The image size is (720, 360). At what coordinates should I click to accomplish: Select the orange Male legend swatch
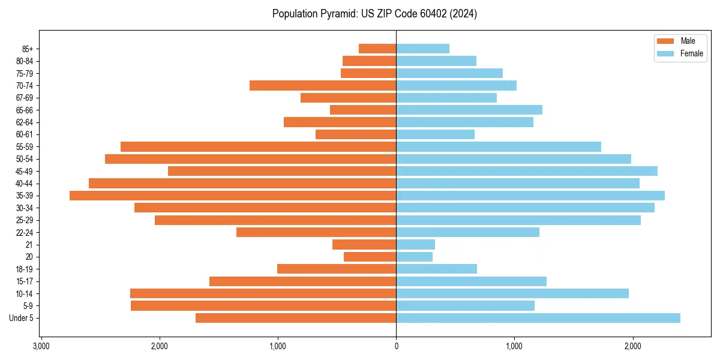click(665, 41)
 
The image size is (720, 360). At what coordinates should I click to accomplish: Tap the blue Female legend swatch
click(665, 53)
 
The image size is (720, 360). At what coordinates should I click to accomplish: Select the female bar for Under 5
click(538, 318)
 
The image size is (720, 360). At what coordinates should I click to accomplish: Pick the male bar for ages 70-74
click(323, 85)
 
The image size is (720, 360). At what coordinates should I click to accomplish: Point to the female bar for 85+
click(422, 49)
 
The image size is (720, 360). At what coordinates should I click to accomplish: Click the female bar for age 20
click(414, 257)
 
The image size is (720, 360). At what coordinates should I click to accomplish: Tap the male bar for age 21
click(364, 245)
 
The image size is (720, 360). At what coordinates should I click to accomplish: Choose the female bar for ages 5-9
click(465, 306)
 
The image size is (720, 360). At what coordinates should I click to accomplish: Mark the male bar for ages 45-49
click(282, 171)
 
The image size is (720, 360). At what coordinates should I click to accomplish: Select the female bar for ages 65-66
click(469, 110)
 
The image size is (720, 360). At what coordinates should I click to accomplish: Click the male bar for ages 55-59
click(258, 146)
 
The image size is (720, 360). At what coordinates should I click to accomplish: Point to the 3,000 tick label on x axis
click(41, 347)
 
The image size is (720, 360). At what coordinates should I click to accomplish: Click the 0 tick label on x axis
click(396, 347)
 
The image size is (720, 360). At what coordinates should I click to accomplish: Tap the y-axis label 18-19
click(25, 269)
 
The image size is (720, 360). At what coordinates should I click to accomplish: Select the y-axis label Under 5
click(22, 318)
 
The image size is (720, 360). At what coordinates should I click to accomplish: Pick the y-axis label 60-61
click(25, 134)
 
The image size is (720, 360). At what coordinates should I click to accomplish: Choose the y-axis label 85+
click(28, 49)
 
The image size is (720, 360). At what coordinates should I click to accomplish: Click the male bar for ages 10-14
click(263, 293)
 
